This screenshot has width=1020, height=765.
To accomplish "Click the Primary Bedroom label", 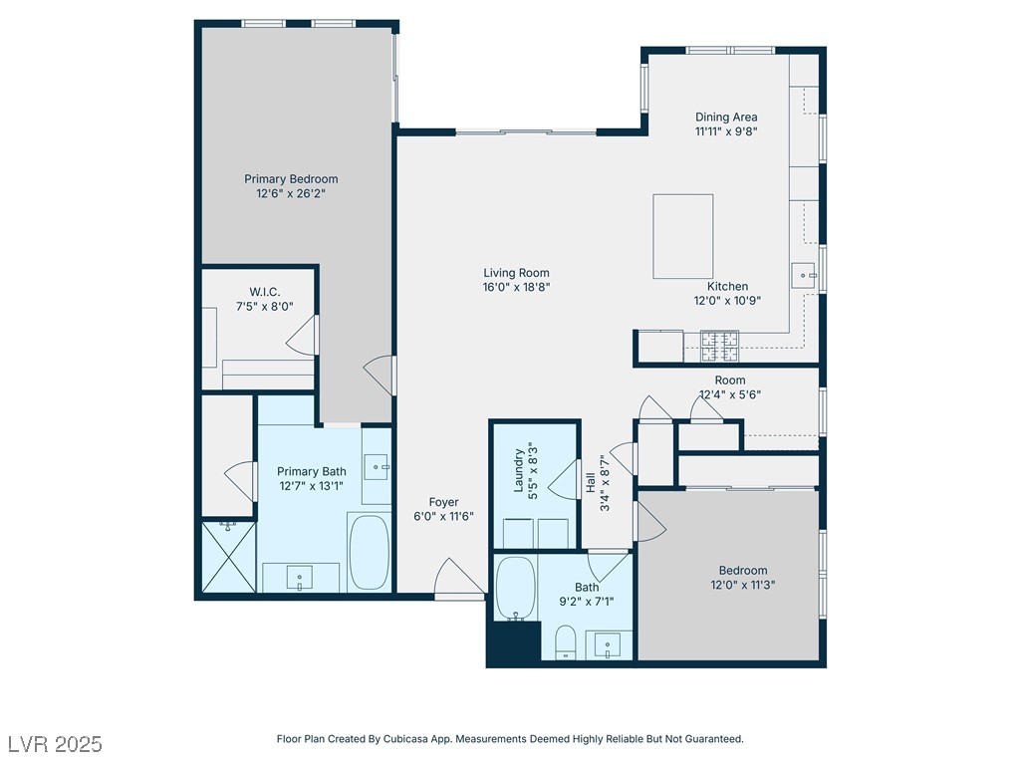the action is pos(291,179).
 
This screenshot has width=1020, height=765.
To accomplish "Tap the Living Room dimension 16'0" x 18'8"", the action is pos(517,287).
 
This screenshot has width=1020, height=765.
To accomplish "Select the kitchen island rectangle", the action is pos(683,236).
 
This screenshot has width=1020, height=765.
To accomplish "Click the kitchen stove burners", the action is pos(719,346).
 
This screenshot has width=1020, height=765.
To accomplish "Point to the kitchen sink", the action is pos(805,276).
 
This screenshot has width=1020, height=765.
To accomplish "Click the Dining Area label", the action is pos(726,118).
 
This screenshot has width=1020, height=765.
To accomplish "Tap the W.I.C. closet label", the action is pos(265,292).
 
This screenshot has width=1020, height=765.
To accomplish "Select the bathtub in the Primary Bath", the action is pos(369,552).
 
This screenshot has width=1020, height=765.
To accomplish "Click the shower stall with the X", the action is pos(228,556).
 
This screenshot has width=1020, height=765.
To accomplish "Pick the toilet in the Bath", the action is pos(566,642).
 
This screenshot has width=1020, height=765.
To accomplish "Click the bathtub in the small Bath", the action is pos(516,588).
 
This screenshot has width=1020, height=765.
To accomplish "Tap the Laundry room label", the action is pos(519,470).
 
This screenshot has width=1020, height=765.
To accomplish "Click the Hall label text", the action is pos(591,482).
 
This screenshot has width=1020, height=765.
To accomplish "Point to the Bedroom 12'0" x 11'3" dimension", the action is pos(743,585).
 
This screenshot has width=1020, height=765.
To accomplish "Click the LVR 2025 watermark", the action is pos(56,743).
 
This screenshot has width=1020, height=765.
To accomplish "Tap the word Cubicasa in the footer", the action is pos(408,739).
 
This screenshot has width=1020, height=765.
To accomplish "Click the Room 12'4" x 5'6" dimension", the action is pos(730,394).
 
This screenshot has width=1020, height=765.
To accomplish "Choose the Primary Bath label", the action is pos(312,471).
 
